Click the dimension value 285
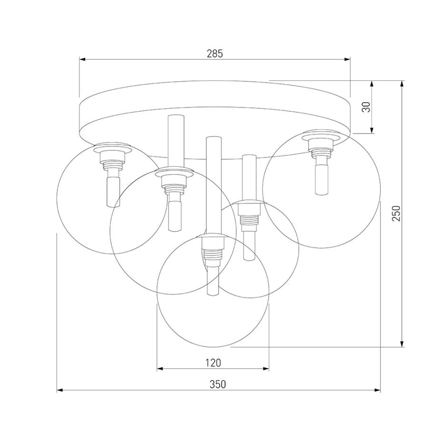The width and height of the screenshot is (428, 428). (215, 54)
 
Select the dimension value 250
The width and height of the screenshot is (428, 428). (396, 214)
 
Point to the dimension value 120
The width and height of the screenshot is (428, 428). (213, 363)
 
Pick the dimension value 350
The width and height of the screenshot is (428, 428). (218, 384)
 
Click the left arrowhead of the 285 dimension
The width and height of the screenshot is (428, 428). (82, 59)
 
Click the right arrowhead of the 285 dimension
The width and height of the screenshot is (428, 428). (347, 59)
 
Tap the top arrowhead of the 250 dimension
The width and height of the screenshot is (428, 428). (402, 84)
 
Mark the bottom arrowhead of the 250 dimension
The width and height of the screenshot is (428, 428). (402, 344)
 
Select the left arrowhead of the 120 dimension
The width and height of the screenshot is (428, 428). (160, 369)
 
